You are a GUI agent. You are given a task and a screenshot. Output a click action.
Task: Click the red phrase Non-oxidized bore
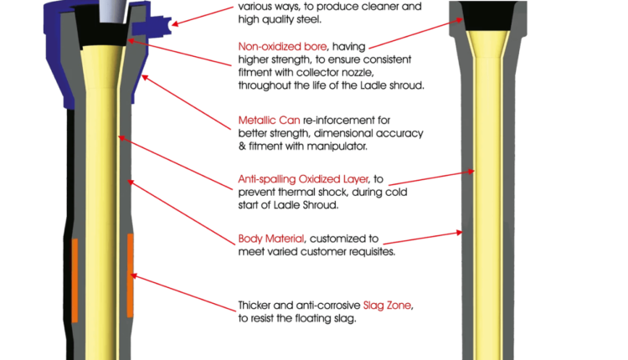pos(282,47)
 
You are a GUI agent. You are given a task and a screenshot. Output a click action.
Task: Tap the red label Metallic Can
pos(269,120)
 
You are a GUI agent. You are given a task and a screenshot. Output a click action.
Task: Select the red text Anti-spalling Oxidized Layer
pos(303,179)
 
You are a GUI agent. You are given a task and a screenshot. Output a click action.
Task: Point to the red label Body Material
pos(271,239)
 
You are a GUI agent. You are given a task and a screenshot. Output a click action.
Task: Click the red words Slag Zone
pos(387,306)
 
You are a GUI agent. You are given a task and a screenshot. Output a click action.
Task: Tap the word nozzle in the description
pos(358,73)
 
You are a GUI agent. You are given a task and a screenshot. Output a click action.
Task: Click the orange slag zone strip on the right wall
pos(130,275)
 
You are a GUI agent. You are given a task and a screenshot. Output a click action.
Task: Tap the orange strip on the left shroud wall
pos(75,280)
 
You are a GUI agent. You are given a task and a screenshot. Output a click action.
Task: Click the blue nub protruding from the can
pos(152,25)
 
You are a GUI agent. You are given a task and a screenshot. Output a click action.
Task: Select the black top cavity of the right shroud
pos(488,16)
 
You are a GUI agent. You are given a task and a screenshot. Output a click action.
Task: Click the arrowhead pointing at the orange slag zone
pos(134,275)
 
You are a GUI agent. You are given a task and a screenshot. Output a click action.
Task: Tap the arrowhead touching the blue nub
pos(175,23)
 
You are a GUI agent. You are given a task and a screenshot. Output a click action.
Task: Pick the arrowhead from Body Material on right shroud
pos(460,232)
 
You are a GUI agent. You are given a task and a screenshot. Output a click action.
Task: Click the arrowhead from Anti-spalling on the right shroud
pos(471,172)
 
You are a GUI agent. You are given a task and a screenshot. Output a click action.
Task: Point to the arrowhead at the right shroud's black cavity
pos(460,19)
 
